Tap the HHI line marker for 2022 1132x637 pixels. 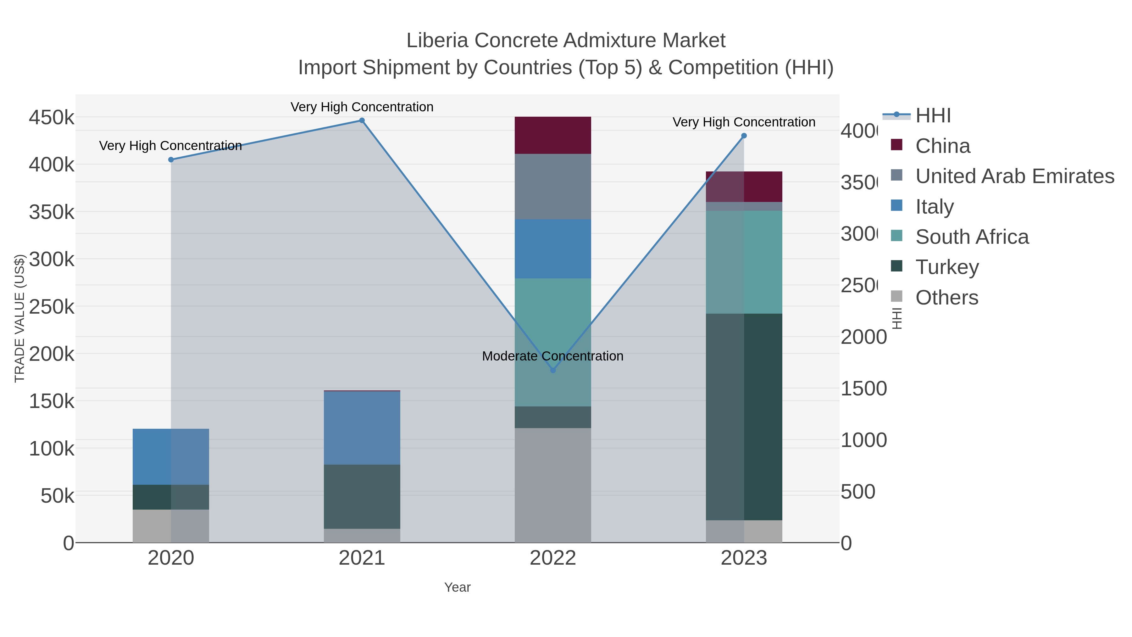(x=553, y=370)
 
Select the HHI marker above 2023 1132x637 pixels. (x=744, y=136)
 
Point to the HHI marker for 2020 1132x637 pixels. (x=171, y=159)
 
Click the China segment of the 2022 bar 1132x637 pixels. (x=553, y=135)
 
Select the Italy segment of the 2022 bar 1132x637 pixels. (x=553, y=249)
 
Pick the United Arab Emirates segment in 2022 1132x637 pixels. (x=553, y=187)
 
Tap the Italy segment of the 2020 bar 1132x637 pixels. (x=171, y=456)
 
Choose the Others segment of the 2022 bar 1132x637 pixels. (x=553, y=485)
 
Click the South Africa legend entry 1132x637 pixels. (x=972, y=237)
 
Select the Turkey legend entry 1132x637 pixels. (x=947, y=267)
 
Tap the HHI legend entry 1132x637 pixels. (x=933, y=116)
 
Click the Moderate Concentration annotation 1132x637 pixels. (x=552, y=356)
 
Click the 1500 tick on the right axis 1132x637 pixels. (x=863, y=388)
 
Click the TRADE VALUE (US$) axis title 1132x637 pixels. (x=19, y=318)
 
